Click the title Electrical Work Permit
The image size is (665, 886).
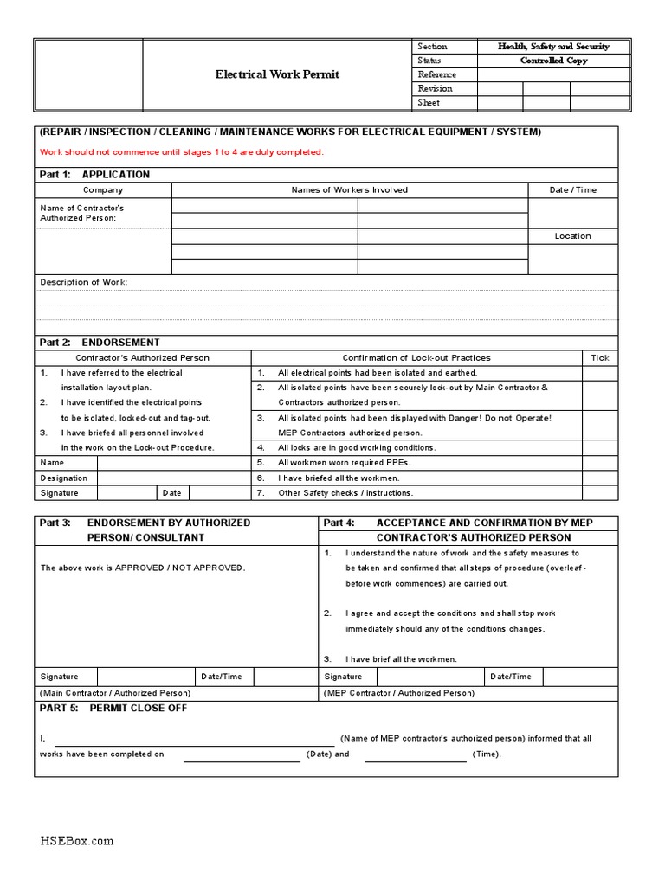(277, 74)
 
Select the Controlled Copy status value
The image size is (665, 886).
(553, 61)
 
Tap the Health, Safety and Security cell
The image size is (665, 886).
(553, 47)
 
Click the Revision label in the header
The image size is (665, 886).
(435, 88)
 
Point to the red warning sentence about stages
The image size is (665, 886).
(182, 152)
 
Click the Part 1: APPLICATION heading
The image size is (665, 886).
(95, 174)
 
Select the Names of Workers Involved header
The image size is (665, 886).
(349, 189)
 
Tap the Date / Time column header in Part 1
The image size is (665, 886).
(572, 189)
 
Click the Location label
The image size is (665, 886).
(572, 236)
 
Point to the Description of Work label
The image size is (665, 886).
(84, 282)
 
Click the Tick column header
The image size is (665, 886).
(600, 357)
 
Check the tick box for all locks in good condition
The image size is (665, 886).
(600, 447)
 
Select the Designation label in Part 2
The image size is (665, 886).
(64, 478)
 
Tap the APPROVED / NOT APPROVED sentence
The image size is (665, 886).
(143, 568)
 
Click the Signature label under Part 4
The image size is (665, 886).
(343, 677)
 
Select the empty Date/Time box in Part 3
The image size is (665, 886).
(277, 677)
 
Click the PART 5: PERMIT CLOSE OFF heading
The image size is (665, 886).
(113, 708)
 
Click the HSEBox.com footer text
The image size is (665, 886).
(77, 841)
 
